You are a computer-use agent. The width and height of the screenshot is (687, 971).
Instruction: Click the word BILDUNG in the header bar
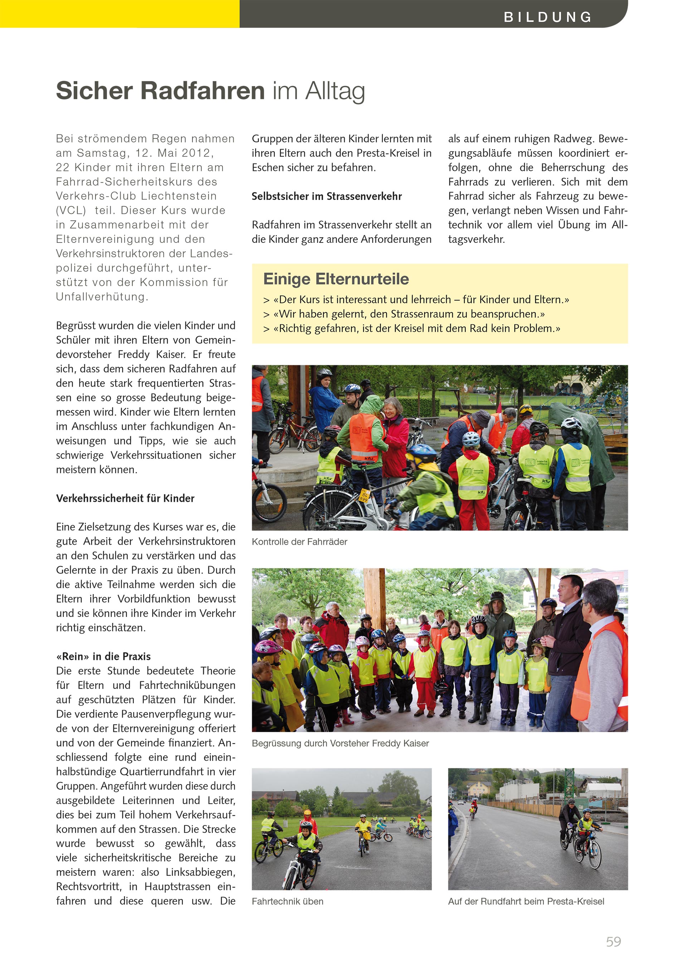(x=547, y=17)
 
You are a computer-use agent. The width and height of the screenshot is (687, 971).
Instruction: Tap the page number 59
(x=613, y=941)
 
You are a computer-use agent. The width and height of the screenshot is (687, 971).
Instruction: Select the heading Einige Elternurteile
(x=336, y=279)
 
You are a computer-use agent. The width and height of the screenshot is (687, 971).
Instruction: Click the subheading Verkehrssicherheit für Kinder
(x=125, y=498)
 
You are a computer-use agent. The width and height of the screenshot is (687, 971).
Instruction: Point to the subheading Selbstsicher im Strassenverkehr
(x=327, y=196)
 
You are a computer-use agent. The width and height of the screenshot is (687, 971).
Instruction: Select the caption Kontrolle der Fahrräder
(x=299, y=542)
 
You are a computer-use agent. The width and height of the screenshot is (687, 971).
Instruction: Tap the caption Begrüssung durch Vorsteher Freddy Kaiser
(x=340, y=744)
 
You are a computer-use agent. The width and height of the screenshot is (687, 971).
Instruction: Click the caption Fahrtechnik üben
(x=287, y=902)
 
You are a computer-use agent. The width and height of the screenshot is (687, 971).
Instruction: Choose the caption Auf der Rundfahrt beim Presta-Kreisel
(x=526, y=902)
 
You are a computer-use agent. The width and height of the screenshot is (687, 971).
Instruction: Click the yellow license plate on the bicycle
(x=364, y=495)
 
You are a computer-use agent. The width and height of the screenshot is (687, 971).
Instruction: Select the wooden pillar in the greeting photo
(x=374, y=600)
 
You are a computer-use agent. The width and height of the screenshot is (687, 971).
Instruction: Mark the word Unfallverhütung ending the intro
(x=102, y=297)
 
